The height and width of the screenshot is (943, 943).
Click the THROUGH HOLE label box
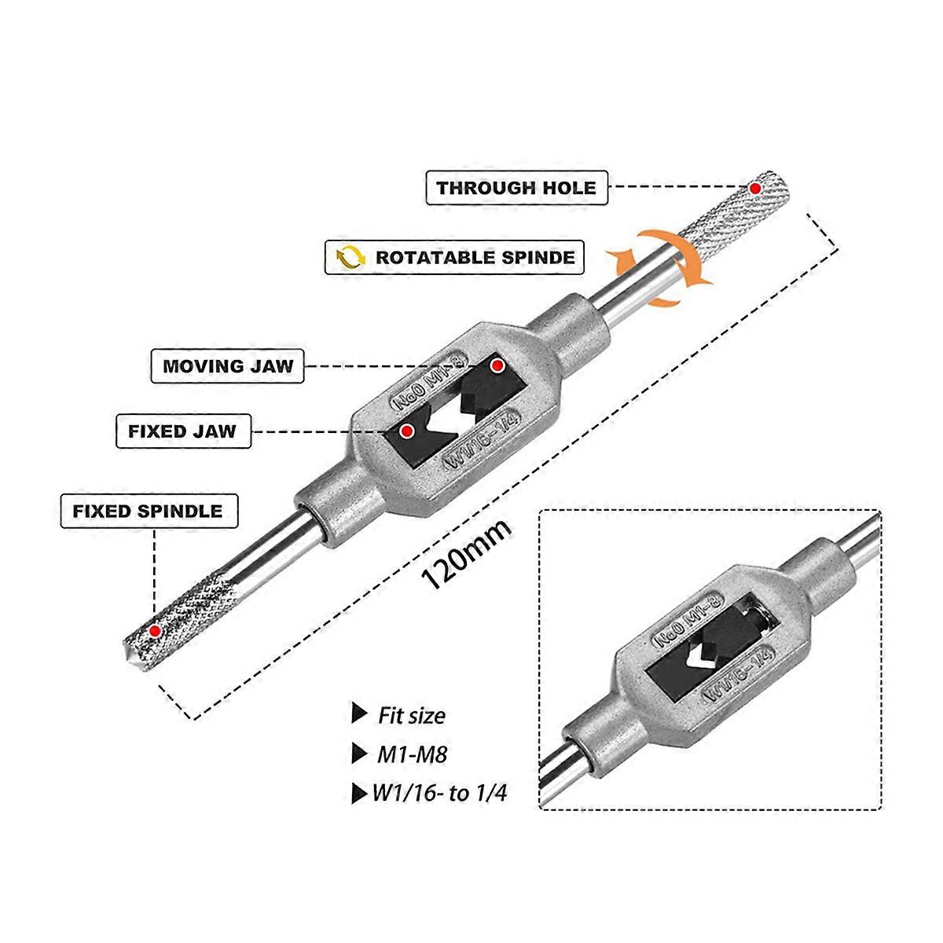pyautogui.click(x=516, y=188)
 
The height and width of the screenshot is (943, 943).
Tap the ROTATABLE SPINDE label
pyautogui.click(x=454, y=257)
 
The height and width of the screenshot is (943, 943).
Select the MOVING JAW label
pyautogui.click(x=227, y=366)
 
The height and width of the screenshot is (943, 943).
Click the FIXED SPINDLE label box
pyautogui.click(x=148, y=511)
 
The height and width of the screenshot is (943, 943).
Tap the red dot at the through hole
pyautogui.click(x=755, y=189)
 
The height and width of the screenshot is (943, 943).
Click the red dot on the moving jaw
pyautogui.click(x=497, y=365)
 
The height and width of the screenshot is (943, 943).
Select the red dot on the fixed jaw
pyautogui.click(x=407, y=430)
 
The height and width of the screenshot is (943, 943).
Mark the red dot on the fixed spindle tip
pyautogui.click(x=155, y=630)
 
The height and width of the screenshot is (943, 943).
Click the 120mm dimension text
pyautogui.click(x=467, y=555)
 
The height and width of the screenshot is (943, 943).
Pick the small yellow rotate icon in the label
pyautogui.click(x=350, y=257)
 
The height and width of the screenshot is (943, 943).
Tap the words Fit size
pyautogui.click(x=411, y=715)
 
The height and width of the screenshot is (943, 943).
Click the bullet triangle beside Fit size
pyautogui.click(x=359, y=714)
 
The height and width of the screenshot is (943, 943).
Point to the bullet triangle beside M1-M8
pyautogui.click(x=359, y=754)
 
